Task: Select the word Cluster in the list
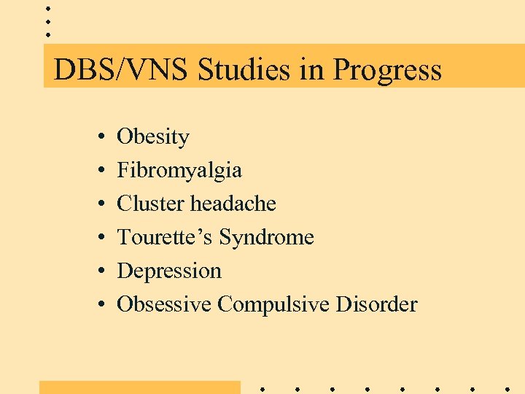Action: pyautogui.click(x=151, y=204)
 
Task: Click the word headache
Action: pyautogui.click(x=233, y=204)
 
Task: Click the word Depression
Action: pyautogui.click(x=169, y=271)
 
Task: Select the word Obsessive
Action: pyautogui.click(x=165, y=304)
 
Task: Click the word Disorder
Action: pyautogui.click(x=376, y=304)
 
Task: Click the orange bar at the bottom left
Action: pyautogui.click(x=139, y=387)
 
